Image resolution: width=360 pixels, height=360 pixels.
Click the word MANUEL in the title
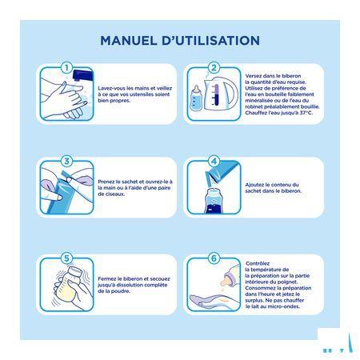[128, 41]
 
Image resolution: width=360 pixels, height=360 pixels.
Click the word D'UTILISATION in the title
[210, 41]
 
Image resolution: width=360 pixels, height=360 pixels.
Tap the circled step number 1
[66, 68]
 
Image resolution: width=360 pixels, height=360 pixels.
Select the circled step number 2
[214, 68]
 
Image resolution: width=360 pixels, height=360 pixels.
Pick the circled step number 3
[66, 161]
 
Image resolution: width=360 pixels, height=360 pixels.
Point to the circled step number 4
[214, 161]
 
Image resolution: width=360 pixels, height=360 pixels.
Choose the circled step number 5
[66, 258]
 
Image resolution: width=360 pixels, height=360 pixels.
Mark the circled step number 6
[214, 258]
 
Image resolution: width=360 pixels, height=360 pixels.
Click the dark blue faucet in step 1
[83, 75]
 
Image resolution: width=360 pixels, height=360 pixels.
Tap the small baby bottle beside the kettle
[196, 98]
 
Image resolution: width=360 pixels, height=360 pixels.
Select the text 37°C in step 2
[306, 113]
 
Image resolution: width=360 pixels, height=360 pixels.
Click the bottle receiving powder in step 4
[213, 201]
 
